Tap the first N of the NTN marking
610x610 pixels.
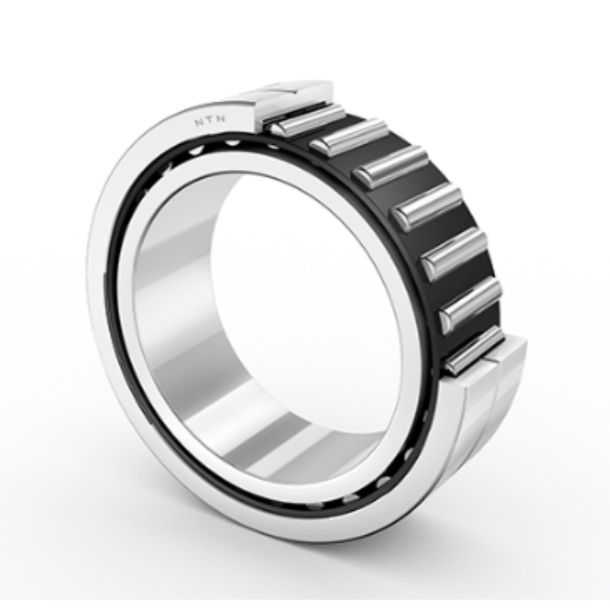(198, 124)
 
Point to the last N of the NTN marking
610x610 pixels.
(220, 120)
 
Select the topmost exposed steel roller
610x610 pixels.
(307, 120)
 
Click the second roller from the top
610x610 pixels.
(349, 137)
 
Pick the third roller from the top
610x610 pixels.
(390, 166)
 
